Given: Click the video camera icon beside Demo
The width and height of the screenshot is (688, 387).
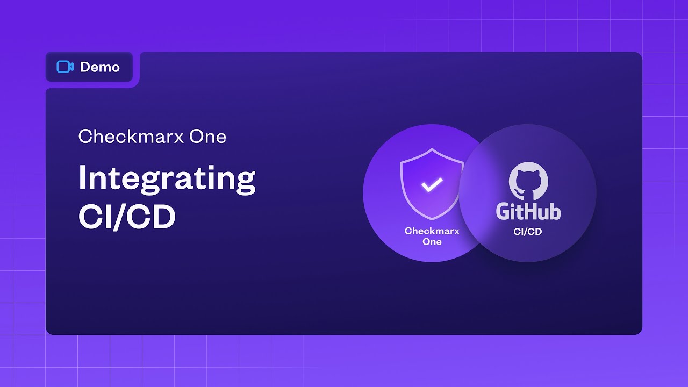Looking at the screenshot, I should pyautogui.click(x=64, y=67).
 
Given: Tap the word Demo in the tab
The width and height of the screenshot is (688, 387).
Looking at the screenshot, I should pyautogui.click(x=100, y=67).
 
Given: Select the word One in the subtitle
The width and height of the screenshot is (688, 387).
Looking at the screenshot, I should pyautogui.click(x=207, y=137).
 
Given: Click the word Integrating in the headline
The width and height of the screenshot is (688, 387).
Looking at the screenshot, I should pyautogui.click(x=167, y=179).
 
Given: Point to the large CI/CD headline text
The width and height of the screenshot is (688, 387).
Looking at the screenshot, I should pyautogui.click(x=127, y=217).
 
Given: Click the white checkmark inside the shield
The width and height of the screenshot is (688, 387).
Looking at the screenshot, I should pyautogui.click(x=432, y=184).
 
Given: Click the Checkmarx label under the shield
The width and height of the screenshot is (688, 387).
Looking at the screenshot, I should pyautogui.click(x=432, y=231).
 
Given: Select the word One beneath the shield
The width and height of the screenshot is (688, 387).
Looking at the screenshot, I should pyautogui.click(x=432, y=242).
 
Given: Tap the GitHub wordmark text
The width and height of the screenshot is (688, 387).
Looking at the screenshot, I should pyautogui.click(x=528, y=211).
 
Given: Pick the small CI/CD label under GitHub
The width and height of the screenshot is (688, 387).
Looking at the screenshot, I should pyautogui.click(x=528, y=232).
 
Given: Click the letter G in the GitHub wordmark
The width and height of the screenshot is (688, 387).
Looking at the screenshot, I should pyautogui.click(x=504, y=211).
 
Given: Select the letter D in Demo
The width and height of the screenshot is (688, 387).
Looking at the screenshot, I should pyautogui.click(x=85, y=67).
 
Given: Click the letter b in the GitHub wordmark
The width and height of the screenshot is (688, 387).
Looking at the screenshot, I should pyautogui.click(x=555, y=211).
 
